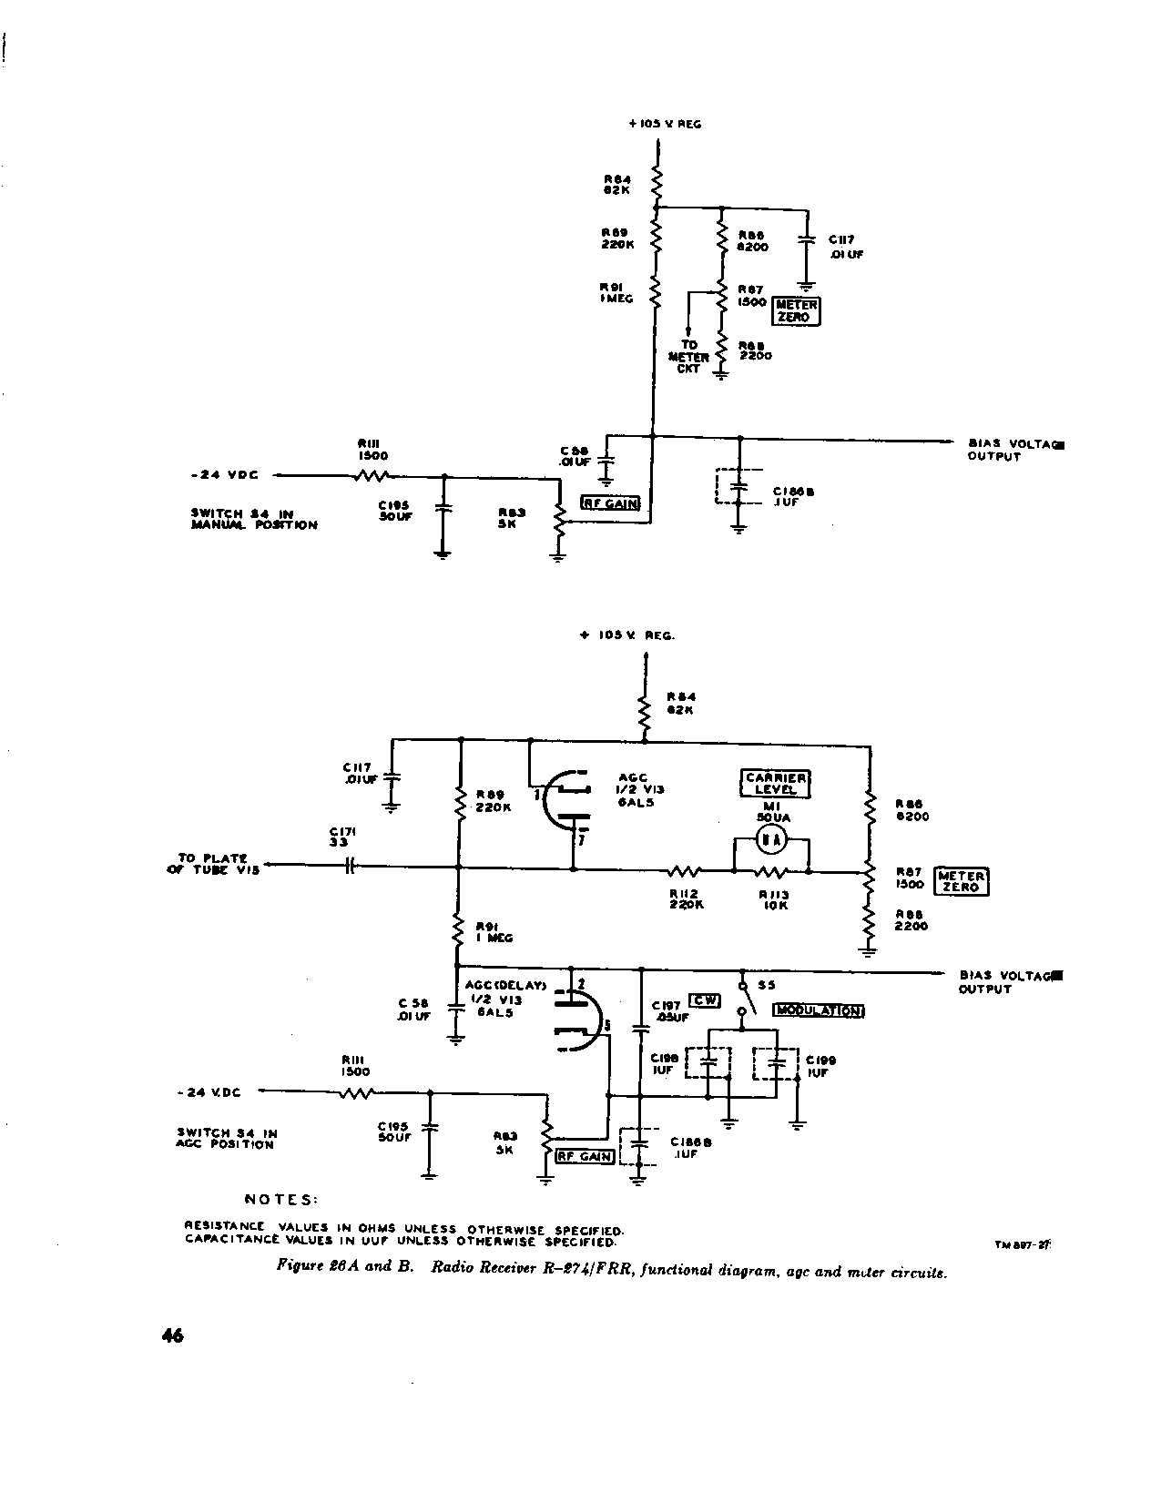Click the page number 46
pos(172,1335)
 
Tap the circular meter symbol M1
pos(772,841)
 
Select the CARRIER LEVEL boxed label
pos(776,784)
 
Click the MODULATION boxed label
pos(818,1010)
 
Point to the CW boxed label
pos(704,1000)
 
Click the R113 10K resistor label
pos(774,900)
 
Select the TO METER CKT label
pos(688,357)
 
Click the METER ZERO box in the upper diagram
pos(796,311)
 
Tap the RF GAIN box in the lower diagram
pos(586,1156)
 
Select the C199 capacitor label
pos(821,1065)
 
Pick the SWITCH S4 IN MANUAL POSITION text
pos(254,519)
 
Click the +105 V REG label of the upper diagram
pos(665,124)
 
